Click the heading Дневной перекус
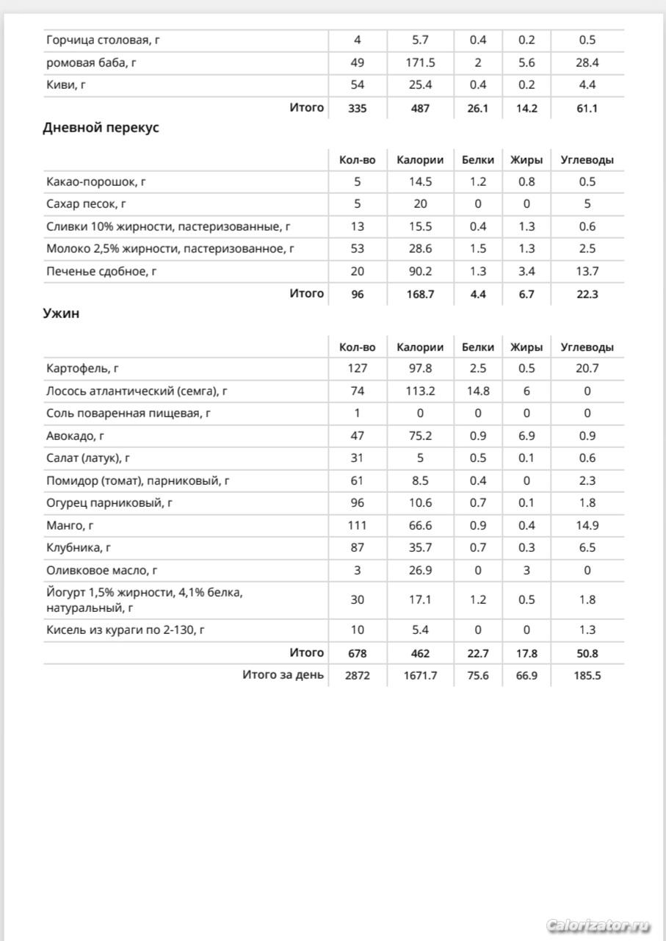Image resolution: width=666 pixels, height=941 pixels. click(x=101, y=128)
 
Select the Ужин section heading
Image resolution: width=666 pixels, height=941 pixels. click(x=62, y=314)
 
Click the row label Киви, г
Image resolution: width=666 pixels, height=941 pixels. click(x=66, y=85)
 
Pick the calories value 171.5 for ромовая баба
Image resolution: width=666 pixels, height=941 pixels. click(x=420, y=63)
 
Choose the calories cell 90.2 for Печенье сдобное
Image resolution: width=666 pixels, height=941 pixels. click(x=420, y=271)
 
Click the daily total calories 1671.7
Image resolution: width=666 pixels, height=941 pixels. click(x=420, y=676)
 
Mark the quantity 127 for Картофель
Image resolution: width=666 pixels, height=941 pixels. click(x=357, y=369)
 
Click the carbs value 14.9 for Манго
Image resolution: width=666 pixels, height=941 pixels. click(x=587, y=525)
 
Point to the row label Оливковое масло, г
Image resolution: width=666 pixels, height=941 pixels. click(x=102, y=570)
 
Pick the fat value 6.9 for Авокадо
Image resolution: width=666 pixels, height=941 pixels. click(x=526, y=436)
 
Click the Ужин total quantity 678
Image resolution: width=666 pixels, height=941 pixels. click(x=357, y=653)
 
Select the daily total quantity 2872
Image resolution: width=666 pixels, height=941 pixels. click(x=357, y=676)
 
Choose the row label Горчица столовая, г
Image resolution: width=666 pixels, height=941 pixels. click(x=103, y=40)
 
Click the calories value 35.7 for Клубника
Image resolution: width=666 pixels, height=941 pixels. click(x=420, y=548)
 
